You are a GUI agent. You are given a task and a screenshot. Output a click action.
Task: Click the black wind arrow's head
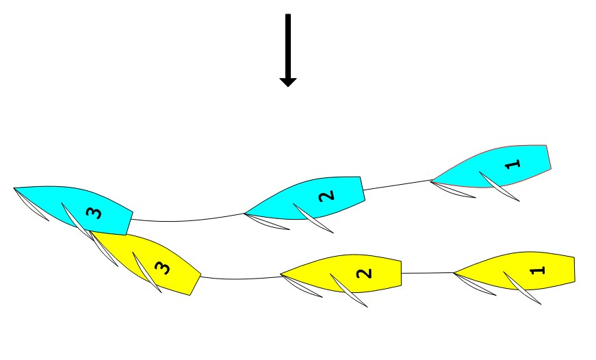click(x=287, y=81)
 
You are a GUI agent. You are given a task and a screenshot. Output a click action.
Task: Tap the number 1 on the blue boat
click(x=514, y=164)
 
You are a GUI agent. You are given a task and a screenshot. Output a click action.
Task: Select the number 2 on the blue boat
click(x=328, y=195)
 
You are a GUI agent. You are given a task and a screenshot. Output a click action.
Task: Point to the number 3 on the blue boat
click(x=94, y=213)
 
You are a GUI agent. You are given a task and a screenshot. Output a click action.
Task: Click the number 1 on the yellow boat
click(x=539, y=270)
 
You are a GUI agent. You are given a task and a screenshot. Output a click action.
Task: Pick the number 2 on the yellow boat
click(x=365, y=274)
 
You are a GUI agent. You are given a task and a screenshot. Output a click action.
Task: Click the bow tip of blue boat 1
click(x=432, y=181)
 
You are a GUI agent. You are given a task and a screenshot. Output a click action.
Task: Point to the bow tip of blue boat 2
click(x=245, y=214)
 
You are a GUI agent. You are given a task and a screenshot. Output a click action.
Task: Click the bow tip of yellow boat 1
click(x=454, y=273)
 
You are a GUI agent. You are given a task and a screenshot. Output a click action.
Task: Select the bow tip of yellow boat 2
click(x=281, y=276)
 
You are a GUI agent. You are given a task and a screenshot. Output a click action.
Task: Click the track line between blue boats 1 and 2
click(x=397, y=185)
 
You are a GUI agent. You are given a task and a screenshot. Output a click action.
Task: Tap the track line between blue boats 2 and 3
click(x=185, y=220)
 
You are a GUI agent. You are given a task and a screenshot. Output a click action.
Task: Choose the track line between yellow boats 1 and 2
click(x=427, y=273)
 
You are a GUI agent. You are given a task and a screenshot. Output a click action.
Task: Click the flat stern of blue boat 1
click(x=549, y=157)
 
